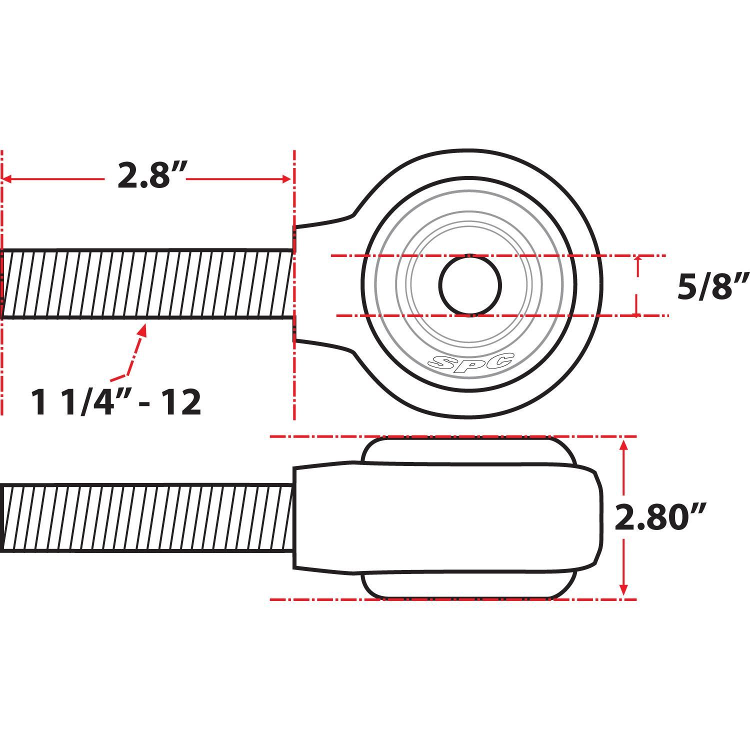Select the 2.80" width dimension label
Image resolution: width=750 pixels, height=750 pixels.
(659, 518)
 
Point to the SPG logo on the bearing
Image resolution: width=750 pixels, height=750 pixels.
(472, 361)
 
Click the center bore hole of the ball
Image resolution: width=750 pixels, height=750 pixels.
(470, 285)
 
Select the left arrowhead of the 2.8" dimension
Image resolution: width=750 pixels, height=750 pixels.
(7, 179)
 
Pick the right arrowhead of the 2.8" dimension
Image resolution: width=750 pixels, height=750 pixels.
(287, 179)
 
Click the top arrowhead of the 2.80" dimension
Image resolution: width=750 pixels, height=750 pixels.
(623, 444)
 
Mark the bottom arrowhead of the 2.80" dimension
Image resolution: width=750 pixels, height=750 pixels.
(623, 591)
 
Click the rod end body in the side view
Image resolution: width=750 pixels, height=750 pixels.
(445, 518)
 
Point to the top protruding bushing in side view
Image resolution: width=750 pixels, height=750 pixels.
(467, 450)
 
